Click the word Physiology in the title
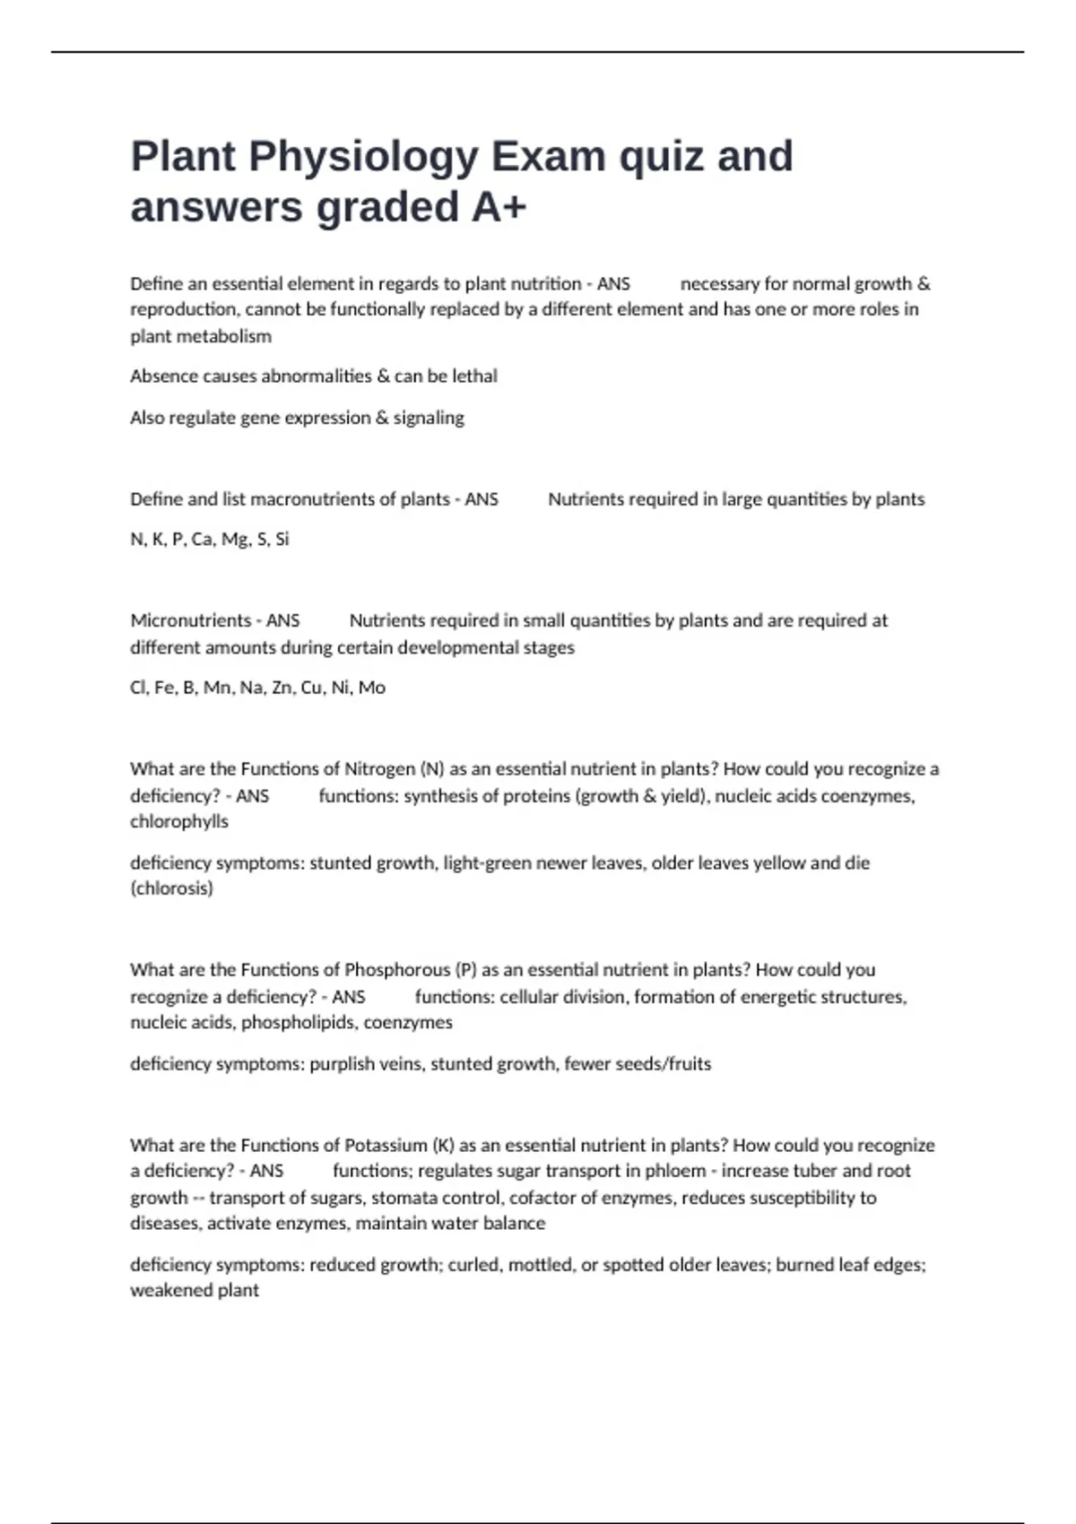point(364,157)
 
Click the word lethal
point(474,377)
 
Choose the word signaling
point(429,418)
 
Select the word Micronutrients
point(187,620)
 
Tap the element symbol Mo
point(371,688)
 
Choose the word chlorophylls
point(179,822)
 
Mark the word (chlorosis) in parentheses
point(171,889)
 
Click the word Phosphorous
point(397,970)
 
